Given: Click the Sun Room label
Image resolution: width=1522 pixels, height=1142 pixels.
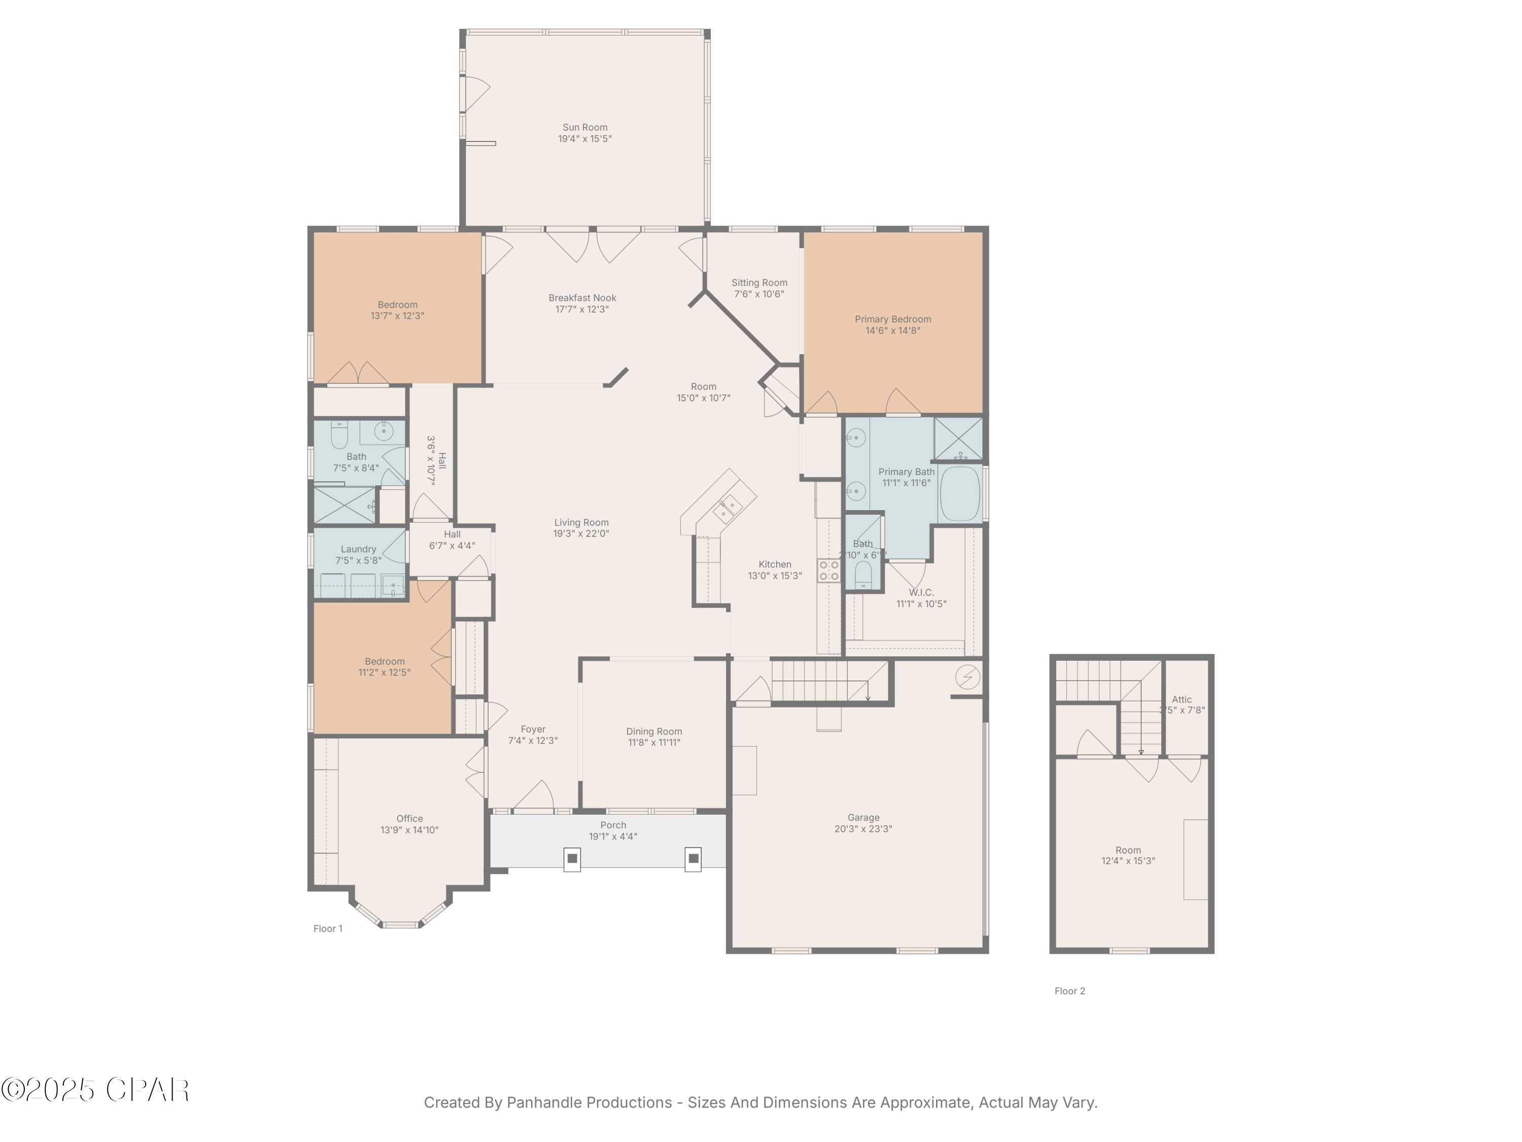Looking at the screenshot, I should pos(585,127).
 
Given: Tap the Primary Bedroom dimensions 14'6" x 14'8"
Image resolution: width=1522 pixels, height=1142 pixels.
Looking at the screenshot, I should pos(892,330).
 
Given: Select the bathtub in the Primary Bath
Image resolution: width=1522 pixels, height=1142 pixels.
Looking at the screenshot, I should pos(959,493).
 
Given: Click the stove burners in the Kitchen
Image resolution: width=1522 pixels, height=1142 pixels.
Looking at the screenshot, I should pos(828,570).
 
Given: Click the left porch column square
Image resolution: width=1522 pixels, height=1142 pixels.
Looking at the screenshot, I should pos(572,858).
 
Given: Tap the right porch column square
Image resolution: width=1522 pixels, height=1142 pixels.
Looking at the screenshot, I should pos(694,858).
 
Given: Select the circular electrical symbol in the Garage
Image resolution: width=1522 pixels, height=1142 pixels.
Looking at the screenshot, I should pos(967,678).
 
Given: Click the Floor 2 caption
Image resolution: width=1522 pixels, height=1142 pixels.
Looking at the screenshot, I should pos(1069,991).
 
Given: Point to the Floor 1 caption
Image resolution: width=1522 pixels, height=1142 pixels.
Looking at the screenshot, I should pos(328,929).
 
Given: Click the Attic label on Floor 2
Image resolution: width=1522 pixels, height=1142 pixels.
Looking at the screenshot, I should pos(1182,699).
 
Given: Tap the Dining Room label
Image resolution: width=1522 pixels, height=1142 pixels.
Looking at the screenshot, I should pos(653,731).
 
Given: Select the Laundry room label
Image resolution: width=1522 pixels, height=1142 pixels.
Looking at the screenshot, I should pos(358,549).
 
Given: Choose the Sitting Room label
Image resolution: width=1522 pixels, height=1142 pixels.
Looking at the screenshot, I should pos(759,283).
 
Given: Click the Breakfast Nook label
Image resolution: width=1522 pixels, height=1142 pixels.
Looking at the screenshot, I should pos(582,298).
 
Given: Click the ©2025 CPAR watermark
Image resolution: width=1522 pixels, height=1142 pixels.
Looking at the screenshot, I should pos(95,1090).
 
